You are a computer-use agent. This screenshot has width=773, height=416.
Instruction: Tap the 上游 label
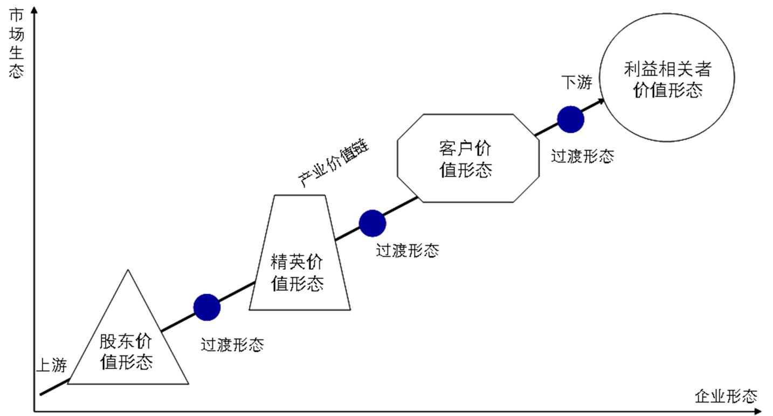coord(51,365)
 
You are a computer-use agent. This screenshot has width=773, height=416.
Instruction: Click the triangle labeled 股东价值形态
coord(128,345)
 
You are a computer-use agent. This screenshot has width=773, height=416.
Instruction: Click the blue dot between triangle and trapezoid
coord(207,308)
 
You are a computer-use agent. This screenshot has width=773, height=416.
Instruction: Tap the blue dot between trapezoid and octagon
coord(372,223)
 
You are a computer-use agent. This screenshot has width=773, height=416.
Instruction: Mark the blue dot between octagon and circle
coord(570,119)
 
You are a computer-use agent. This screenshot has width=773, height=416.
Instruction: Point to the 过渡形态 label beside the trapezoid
coord(407,251)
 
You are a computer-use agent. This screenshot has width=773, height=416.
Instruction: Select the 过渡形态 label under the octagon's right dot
coord(582,156)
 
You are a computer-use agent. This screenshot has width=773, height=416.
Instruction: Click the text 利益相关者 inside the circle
coord(667,69)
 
